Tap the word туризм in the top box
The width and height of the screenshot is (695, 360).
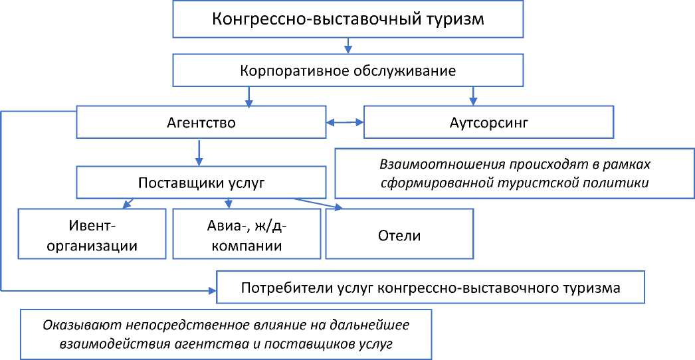click(x=451, y=19)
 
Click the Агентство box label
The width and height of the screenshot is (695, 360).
click(x=200, y=123)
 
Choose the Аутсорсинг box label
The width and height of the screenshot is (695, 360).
click(x=488, y=123)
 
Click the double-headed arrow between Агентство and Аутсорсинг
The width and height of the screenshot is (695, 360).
click(x=345, y=122)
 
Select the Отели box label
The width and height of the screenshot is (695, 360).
click(x=399, y=236)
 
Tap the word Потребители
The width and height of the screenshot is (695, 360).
click(x=279, y=288)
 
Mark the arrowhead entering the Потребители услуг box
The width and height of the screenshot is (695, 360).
click(x=212, y=290)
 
